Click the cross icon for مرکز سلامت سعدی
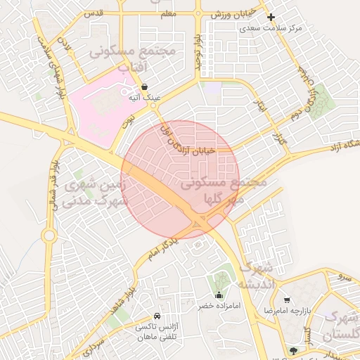(271, 18)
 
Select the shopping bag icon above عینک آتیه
(144, 87)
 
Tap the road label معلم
(167, 13)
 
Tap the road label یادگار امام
(163, 247)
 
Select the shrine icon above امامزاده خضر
(219, 295)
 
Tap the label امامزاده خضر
(219, 307)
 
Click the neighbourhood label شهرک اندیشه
(254, 276)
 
